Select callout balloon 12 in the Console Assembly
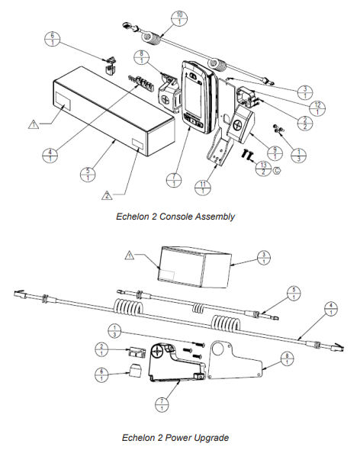click(319, 107)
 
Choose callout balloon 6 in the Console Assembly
click(51, 37)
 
